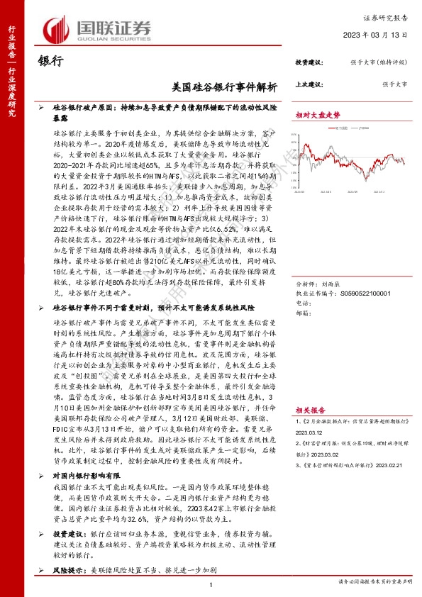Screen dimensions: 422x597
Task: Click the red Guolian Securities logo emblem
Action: tap(56, 28)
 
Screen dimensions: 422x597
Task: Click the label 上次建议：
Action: tap(309, 84)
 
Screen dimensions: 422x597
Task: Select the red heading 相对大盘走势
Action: tap(318, 114)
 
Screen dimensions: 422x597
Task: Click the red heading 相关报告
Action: tap(310, 409)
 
